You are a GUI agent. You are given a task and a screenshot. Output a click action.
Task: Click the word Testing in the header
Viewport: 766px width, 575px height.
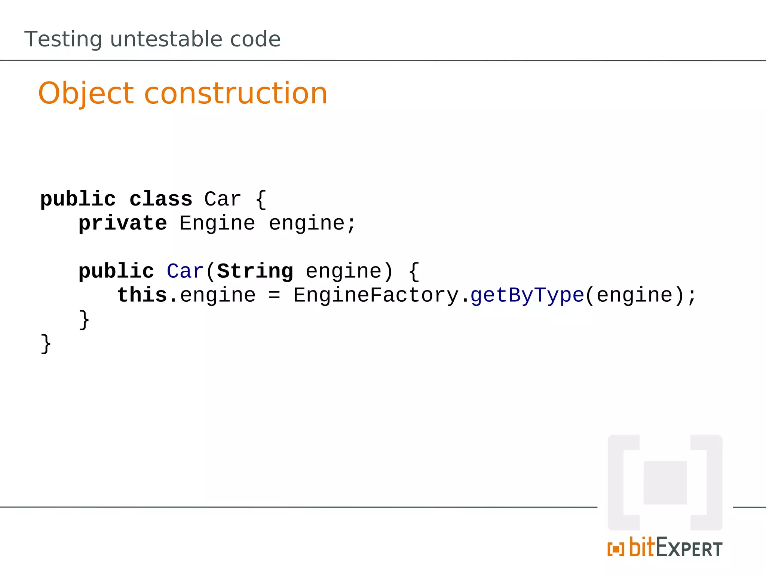63,40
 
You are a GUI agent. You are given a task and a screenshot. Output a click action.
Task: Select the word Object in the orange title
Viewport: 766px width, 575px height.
86,94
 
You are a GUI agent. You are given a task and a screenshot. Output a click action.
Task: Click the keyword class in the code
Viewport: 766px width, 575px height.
161,199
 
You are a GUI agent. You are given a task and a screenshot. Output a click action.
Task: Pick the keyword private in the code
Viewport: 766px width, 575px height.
123,223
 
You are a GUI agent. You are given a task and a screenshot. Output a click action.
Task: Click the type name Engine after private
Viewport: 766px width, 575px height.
217,223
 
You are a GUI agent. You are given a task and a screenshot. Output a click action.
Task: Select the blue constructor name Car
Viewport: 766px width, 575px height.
185,271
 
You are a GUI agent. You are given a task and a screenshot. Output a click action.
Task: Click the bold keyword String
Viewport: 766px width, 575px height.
255,271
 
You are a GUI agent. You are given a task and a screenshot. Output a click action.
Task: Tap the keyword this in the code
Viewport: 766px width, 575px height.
142,295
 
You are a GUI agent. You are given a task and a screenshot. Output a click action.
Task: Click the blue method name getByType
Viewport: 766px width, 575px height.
527,296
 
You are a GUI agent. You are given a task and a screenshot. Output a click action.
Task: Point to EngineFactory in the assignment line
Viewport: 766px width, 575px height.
376,295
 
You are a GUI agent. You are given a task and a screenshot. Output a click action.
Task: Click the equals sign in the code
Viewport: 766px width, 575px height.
274,295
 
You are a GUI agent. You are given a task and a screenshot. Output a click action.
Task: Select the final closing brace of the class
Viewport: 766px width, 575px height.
46,344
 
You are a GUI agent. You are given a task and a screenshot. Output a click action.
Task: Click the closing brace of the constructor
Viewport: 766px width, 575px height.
84,320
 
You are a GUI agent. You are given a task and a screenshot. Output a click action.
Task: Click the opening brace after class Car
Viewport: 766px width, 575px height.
261,199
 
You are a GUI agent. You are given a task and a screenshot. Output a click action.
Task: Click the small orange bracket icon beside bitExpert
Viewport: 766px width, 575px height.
616,549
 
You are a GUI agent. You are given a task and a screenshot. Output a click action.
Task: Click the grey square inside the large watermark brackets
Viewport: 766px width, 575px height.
665,483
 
